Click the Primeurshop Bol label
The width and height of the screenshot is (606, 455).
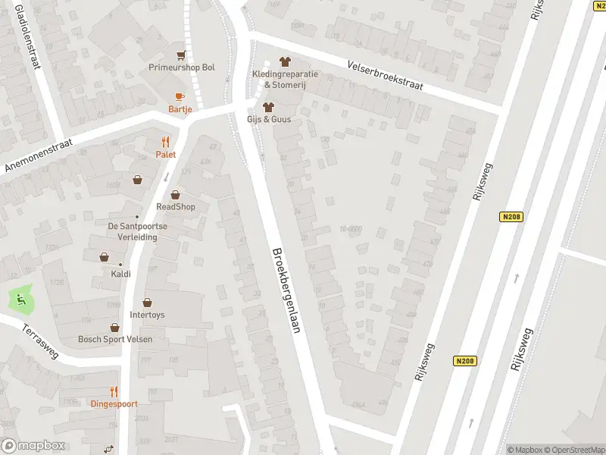[182, 67]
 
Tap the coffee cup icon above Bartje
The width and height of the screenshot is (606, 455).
[180, 96]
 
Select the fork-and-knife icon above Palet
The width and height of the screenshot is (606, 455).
[166, 141]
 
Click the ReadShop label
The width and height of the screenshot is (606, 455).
[176, 206]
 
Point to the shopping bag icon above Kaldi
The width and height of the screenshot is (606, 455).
[105, 257]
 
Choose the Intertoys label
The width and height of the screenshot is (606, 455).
[147, 315]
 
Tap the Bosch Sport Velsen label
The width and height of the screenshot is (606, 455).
[115, 339]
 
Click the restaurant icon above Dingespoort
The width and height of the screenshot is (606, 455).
[114, 391]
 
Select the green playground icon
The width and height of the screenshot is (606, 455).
[21, 300]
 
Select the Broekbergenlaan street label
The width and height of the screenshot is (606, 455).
[286, 290]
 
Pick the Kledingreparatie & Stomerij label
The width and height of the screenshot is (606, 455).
[286, 79]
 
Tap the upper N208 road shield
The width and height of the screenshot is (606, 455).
[511, 217]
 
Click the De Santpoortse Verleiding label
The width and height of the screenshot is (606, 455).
[133, 231]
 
